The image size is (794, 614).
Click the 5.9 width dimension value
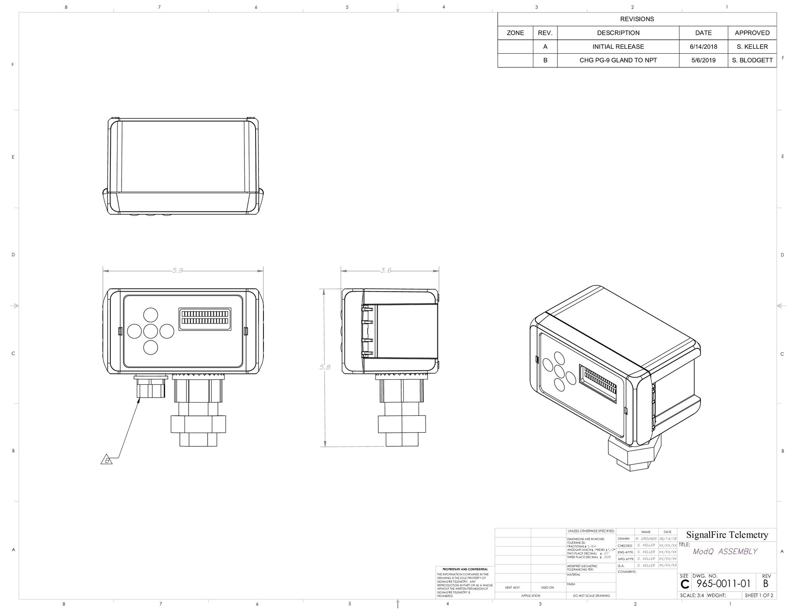click(x=177, y=270)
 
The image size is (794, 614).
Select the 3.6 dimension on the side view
click(x=385, y=270)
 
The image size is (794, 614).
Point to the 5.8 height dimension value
click(x=325, y=367)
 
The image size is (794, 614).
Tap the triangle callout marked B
click(x=107, y=460)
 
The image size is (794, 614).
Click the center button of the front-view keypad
click(x=150, y=331)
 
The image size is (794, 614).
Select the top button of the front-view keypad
click(x=150, y=315)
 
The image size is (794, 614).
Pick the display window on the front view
click(x=205, y=318)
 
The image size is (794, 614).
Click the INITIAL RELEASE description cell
click(x=618, y=46)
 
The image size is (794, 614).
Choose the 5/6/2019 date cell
click(x=703, y=60)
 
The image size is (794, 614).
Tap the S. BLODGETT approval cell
click(x=752, y=60)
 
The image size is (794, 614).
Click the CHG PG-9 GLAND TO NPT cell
click(x=618, y=60)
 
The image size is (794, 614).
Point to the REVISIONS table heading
click(x=637, y=19)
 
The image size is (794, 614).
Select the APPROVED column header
click(x=752, y=33)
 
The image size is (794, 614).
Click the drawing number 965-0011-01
click(x=723, y=584)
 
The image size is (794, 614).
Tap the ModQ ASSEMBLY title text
click(x=725, y=551)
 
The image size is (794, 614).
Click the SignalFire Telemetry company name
click(x=727, y=535)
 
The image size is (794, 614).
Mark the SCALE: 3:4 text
click(x=692, y=595)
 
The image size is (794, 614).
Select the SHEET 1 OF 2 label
click(x=759, y=595)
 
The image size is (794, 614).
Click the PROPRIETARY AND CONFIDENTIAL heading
click(x=465, y=569)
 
